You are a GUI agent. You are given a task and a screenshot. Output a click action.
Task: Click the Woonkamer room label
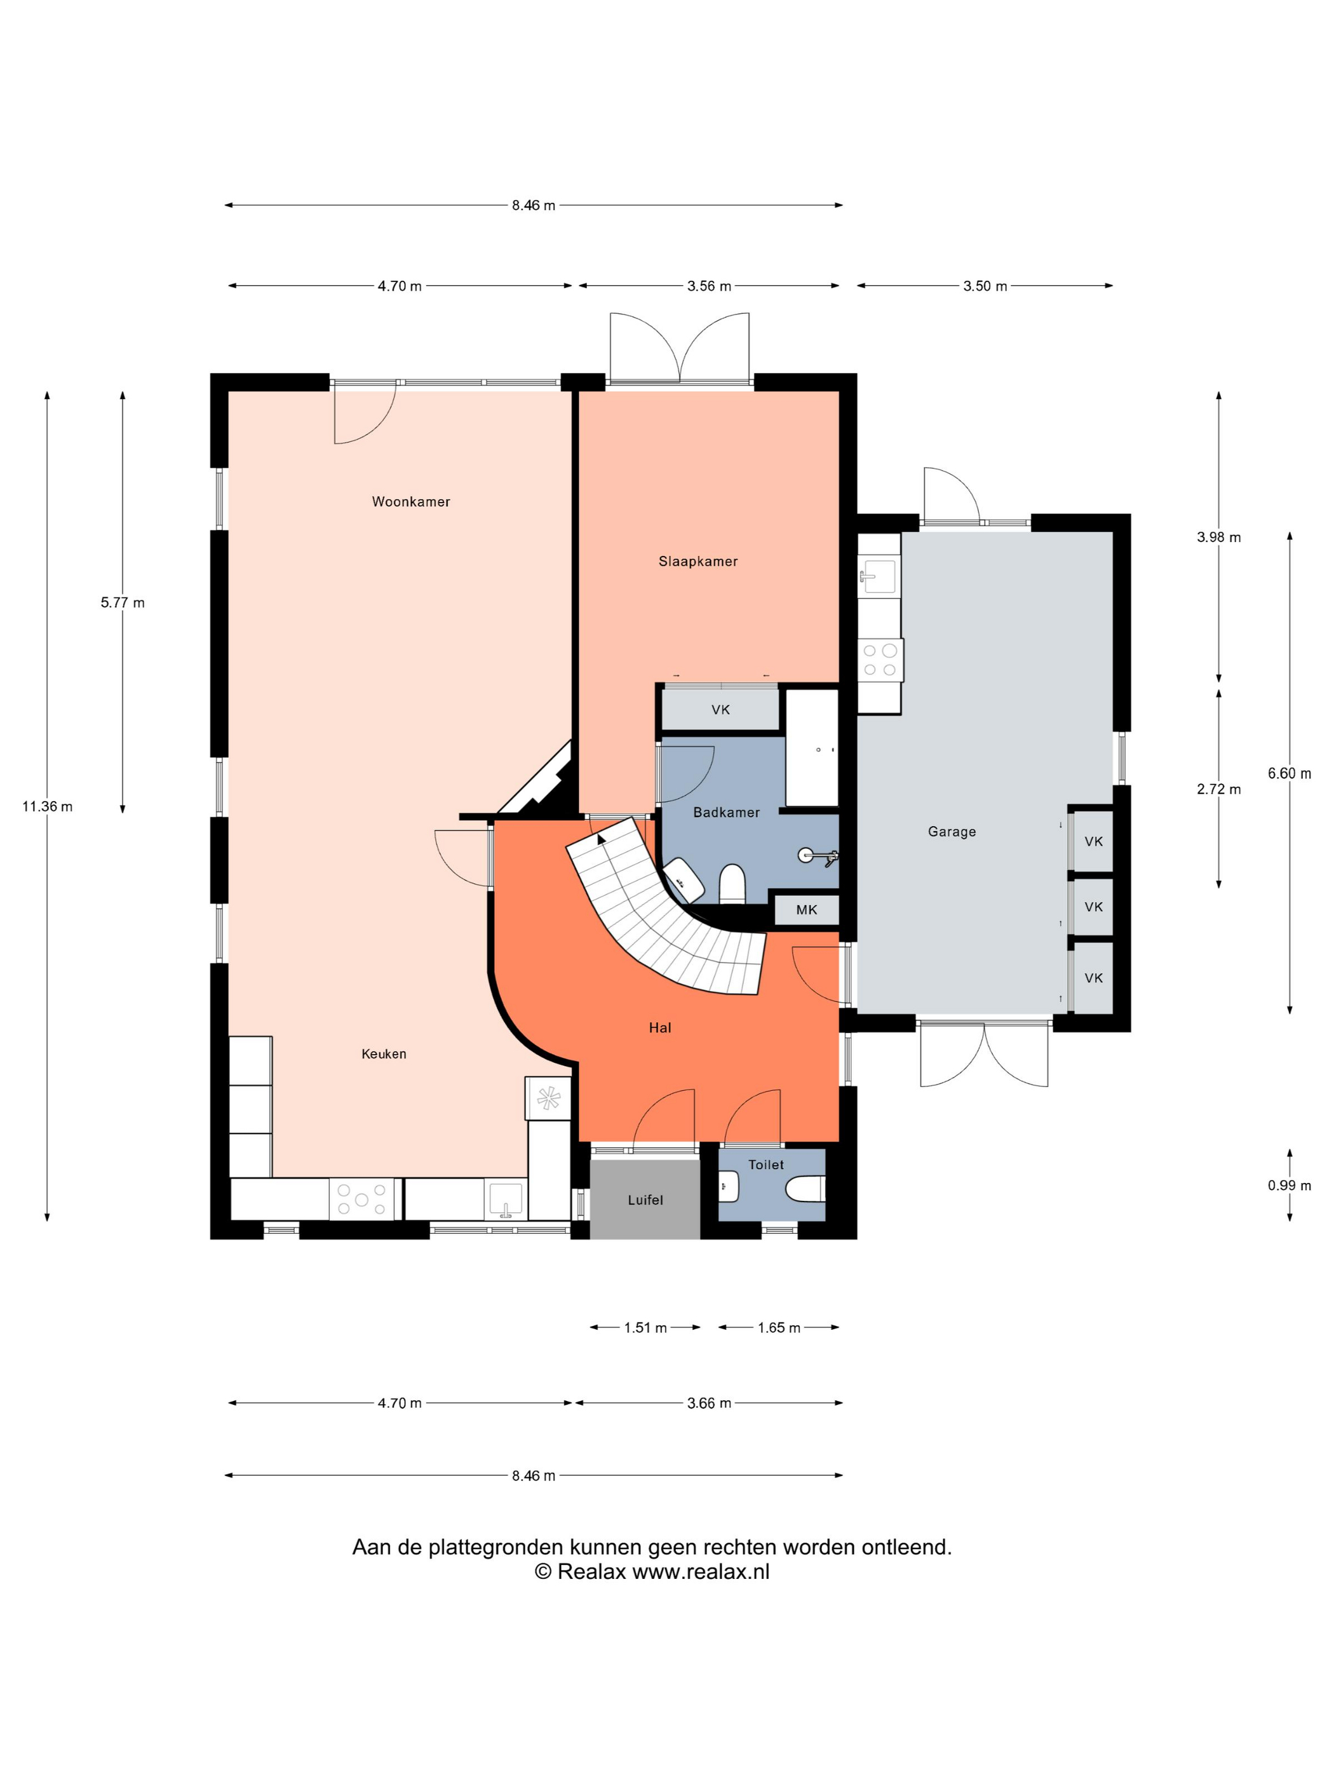coord(411,502)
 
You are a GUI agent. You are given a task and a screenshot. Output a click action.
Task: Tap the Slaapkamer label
coord(698,562)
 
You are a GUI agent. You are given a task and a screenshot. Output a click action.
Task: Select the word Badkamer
coord(726,812)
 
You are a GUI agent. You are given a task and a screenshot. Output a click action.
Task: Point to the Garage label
coord(952,832)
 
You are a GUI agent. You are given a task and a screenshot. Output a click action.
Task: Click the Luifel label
coord(645,1200)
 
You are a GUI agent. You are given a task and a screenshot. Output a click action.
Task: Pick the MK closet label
coord(807,910)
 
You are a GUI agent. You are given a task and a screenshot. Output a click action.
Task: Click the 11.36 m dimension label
coord(48,807)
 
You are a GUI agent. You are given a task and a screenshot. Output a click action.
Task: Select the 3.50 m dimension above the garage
coord(985,287)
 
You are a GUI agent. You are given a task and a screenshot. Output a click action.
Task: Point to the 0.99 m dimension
coord(1290,1186)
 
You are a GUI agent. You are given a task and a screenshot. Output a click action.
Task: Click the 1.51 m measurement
coord(645,1328)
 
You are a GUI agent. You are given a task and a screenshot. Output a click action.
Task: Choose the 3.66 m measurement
coord(709,1404)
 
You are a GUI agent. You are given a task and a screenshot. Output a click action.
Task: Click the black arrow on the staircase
coord(601,840)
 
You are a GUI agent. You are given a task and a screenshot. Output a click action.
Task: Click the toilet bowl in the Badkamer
coord(732,884)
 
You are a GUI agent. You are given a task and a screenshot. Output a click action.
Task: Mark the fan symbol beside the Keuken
coord(548,1098)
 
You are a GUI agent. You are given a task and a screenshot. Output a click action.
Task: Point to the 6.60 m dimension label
coord(1290,774)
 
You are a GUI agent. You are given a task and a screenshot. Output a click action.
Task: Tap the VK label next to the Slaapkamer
coord(720,709)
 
